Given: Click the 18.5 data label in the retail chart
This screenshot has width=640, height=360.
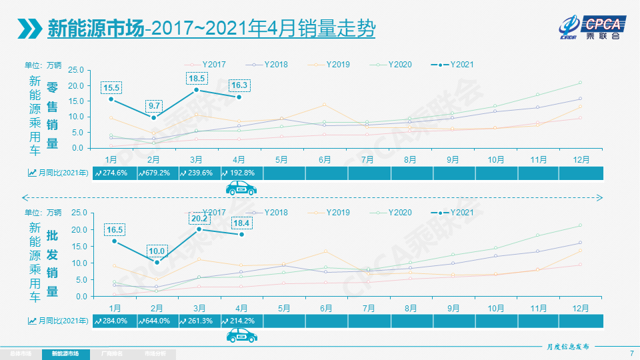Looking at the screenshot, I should pos(197,78).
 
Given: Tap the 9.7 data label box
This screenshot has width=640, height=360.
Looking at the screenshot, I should pos(154,106).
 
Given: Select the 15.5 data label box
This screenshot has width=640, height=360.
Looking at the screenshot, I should pos(111,87).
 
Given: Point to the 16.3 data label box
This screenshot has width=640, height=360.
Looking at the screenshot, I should pos(239,85).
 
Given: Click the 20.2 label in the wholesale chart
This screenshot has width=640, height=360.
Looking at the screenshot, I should pos(197,217).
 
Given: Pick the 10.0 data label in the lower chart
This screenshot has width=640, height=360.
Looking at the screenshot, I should pos(156,251).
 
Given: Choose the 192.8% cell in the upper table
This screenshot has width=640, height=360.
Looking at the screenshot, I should pos(241,173).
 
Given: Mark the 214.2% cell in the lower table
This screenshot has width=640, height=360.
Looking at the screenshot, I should pos(241,321).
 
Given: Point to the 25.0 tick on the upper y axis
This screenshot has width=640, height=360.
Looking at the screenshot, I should pos(75,70).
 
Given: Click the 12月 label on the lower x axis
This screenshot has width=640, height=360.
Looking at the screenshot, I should pos(581,308).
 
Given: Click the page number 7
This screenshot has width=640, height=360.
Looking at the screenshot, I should pos(631,353).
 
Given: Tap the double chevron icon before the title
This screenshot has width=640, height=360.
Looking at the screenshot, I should pos(29,29).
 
